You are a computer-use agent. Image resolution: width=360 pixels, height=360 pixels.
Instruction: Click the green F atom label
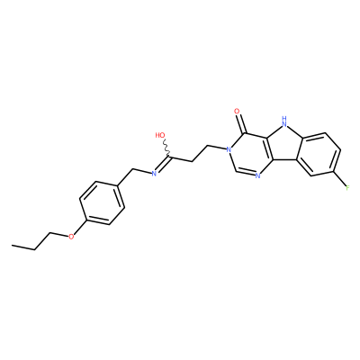click(x=347, y=188)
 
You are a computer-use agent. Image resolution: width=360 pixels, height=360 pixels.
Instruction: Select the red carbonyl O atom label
click(x=237, y=112)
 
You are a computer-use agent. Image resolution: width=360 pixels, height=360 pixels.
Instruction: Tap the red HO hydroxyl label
click(x=160, y=135)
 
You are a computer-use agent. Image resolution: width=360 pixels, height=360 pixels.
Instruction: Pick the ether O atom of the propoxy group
click(x=71, y=237)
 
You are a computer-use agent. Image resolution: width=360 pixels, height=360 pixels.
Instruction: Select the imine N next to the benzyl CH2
click(x=153, y=173)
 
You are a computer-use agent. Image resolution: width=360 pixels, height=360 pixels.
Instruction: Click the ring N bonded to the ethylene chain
click(x=229, y=149)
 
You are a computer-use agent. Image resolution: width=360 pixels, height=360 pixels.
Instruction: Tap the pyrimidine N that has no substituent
click(x=257, y=175)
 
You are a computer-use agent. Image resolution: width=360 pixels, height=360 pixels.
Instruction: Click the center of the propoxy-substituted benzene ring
click(x=102, y=202)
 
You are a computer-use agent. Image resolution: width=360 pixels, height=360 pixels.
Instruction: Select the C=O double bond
click(x=241, y=124)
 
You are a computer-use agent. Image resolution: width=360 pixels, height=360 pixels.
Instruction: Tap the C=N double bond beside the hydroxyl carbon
click(x=162, y=165)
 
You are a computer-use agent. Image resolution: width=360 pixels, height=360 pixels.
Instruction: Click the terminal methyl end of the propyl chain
click(x=12, y=246)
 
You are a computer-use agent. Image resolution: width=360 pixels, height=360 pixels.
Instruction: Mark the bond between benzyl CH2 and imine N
click(x=141, y=171)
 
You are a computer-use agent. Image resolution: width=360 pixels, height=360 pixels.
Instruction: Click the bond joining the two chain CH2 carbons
click(x=200, y=154)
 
